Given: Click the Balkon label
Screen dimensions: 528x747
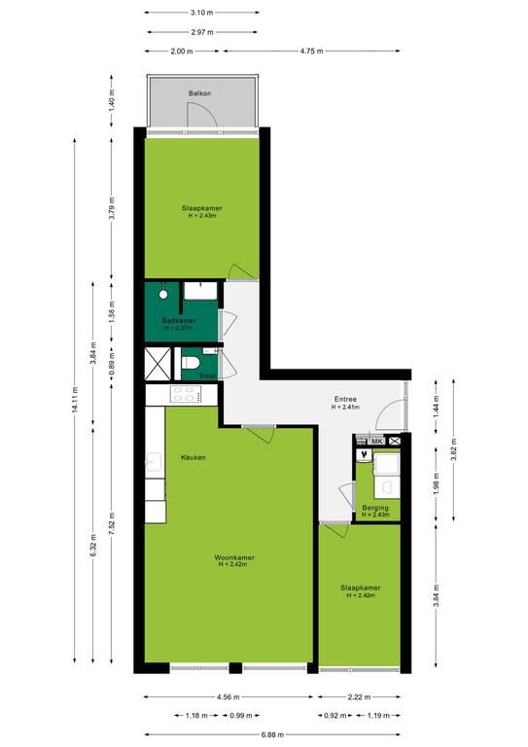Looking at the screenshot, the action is click(199, 93).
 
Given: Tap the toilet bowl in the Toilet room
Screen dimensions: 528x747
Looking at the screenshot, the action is click(190, 363).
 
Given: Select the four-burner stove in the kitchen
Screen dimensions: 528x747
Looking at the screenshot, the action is click(186, 394).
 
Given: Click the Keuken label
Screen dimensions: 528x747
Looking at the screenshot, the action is click(194, 457).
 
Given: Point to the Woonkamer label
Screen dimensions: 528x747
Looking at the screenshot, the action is click(234, 557).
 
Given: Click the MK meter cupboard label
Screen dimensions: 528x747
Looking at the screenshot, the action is click(377, 442).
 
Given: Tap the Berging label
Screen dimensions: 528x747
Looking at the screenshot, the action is click(375, 508).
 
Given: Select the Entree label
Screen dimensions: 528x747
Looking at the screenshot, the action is click(345, 399).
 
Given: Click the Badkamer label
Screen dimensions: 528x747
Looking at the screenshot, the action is click(179, 321).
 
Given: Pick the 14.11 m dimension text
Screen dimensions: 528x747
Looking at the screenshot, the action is click(75, 400).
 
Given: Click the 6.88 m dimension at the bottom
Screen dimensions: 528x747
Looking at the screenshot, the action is click(272, 734).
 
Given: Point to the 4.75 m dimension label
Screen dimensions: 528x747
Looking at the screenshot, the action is click(311, 51).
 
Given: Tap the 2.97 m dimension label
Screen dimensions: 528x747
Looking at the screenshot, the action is click(202, 32).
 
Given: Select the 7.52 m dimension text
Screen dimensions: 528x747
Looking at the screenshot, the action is click(112, 524).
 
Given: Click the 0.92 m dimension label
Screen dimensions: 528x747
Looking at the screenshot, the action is click(335, 715).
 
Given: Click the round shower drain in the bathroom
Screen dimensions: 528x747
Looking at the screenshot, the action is click(163, 295).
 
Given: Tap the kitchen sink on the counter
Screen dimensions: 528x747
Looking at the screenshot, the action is click(154, 462).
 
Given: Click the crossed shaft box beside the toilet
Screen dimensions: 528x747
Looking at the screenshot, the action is click(158, 364).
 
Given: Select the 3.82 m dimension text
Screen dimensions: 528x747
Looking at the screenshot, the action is click(453, 450).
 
